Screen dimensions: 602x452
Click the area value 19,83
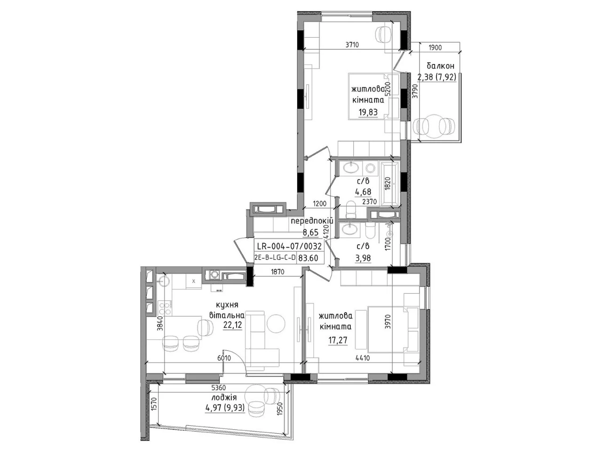[x=368, y=112]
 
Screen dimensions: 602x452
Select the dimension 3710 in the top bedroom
[x=352, y=45]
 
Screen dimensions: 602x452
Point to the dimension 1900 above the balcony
[x=435, y=48]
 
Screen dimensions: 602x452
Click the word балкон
[x=441, y=66]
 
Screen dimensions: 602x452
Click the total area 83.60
[x=309, y=258]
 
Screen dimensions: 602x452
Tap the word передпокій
[x=312, y=221]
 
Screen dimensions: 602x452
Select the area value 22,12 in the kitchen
[x=233, y=325]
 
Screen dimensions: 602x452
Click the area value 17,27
[x=338, y=340]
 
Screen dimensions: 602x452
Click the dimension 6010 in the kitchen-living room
[x=224, y=358]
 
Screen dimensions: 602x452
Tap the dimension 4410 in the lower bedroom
[x=363, y=358]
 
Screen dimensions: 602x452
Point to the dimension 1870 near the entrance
[x=277, y=272]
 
